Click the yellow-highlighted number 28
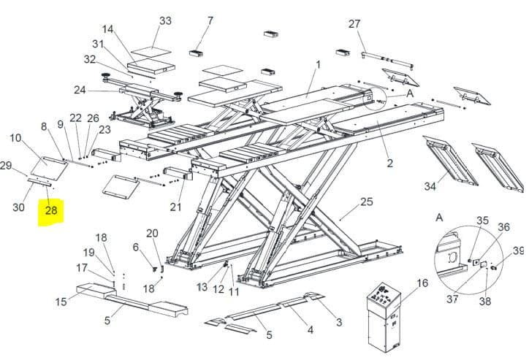[51, 211]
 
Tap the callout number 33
[165, 20]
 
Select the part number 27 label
[354, 24]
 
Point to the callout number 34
[430, 186]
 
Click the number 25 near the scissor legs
[367, 202]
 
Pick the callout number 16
[422, 283]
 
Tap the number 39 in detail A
[519, 250]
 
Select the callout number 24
[80, 90]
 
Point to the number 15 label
[61, 302]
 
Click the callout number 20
[152, 233]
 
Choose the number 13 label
[202, 287]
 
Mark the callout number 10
[15, 138]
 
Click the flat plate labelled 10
[49, 169]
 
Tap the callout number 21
[175, 207]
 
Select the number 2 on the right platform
[389, 164]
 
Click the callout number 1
[318, 64]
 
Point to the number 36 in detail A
[503, 227]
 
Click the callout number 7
[210, 20]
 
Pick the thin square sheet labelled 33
[151, 52]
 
